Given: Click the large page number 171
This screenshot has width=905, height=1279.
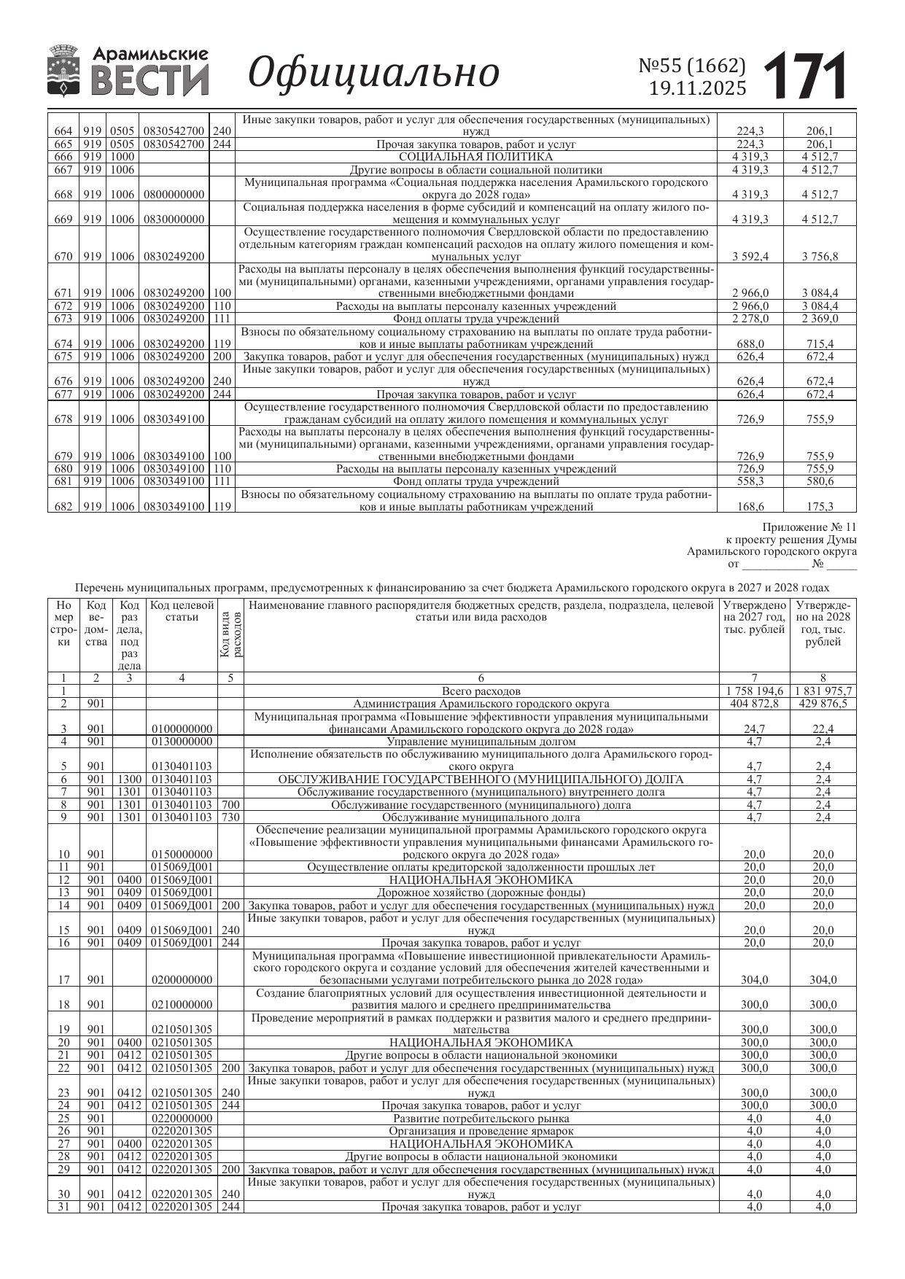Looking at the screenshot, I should point(806,75).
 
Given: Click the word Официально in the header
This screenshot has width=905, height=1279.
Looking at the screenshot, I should point(373,73).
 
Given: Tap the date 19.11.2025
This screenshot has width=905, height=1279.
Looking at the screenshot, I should point(697,88).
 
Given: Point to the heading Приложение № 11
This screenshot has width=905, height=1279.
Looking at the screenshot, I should point(809,527).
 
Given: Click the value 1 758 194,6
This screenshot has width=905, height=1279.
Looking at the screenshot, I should point(754,691).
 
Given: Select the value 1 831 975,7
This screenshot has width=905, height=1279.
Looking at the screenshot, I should point(823,691).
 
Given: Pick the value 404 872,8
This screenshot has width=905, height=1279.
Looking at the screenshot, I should point(754,704).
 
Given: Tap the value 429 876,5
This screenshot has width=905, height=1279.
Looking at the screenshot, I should point(823,704).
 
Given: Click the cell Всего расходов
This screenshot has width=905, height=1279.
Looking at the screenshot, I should point(481,691).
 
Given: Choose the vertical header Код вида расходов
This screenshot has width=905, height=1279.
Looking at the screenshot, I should point(230,634).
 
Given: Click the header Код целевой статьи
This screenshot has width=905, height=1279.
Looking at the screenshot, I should point(182,611).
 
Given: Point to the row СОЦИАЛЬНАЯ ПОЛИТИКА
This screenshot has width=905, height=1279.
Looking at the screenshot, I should point(475,157).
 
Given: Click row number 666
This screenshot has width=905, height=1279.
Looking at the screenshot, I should point(63,157).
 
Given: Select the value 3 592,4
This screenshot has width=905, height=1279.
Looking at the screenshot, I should point(750,257).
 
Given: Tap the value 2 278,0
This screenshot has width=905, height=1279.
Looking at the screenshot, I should point(750,319).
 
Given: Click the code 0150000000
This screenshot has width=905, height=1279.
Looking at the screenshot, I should point(182,855).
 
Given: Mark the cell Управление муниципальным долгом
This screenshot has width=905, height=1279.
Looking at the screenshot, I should point(481,742).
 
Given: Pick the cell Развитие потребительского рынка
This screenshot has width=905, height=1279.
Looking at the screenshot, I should point(481,1119).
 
